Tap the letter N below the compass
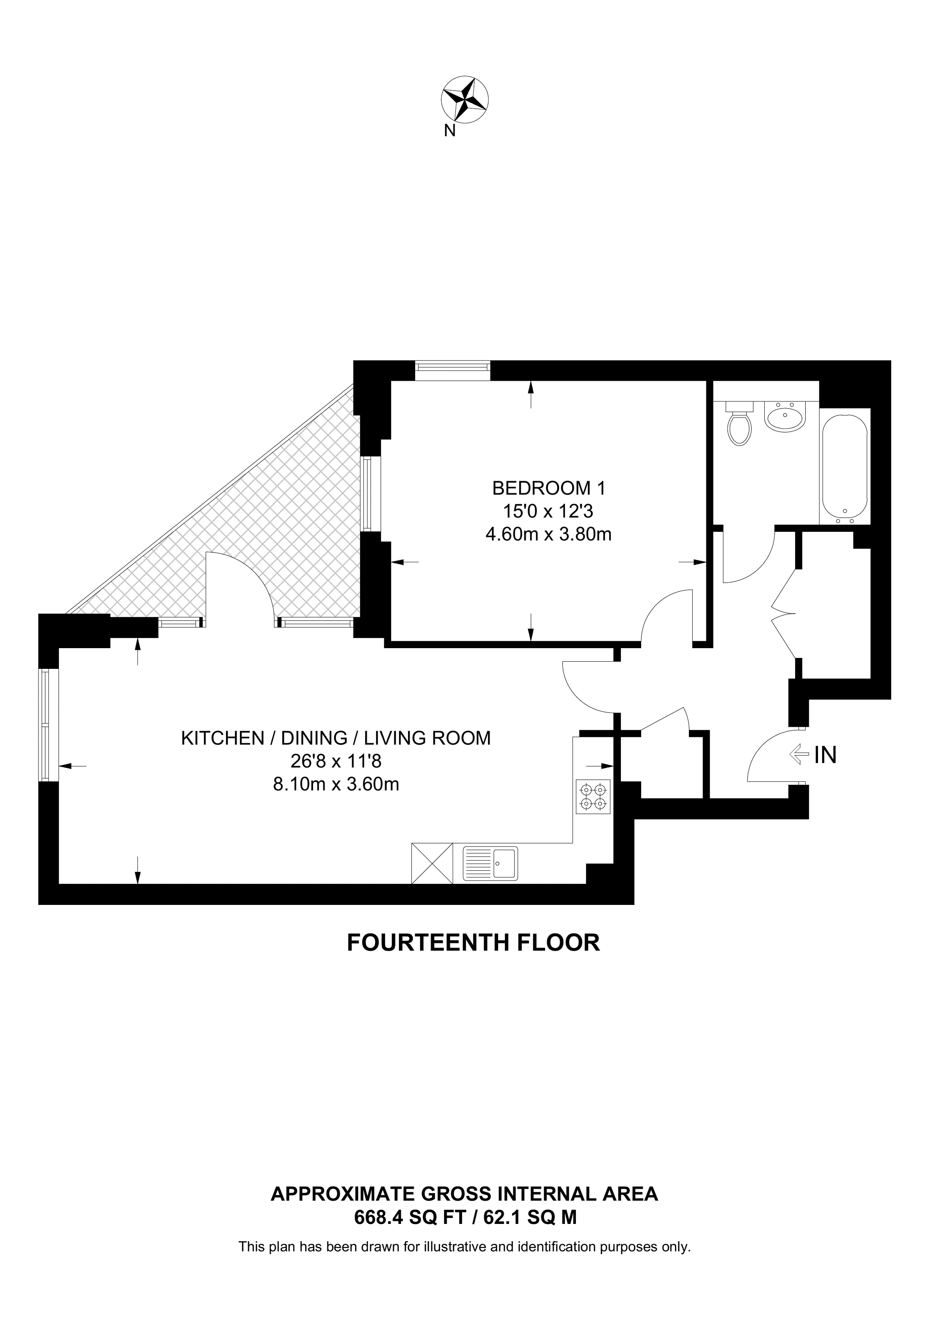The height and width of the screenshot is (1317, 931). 450,131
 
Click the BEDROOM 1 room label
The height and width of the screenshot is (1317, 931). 549,488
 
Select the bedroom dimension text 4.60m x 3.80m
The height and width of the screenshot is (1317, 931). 549,535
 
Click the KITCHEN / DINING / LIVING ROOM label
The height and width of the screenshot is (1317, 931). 336,738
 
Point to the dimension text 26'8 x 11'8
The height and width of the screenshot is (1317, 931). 336,761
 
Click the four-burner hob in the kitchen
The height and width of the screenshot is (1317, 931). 594,797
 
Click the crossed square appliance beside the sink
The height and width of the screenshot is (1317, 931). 432,863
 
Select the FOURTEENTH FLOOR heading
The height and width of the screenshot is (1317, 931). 473,943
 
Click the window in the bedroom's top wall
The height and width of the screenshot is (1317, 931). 453,371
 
